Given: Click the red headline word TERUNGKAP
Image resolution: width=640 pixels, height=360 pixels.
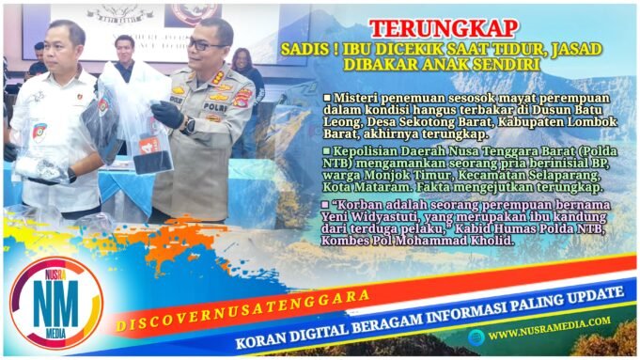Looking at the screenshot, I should click(x=430, y=29).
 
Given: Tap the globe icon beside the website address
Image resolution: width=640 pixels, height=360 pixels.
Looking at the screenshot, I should click(x=478, y=335).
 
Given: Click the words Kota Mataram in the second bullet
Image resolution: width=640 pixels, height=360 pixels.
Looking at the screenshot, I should click(x=367, y=188).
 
